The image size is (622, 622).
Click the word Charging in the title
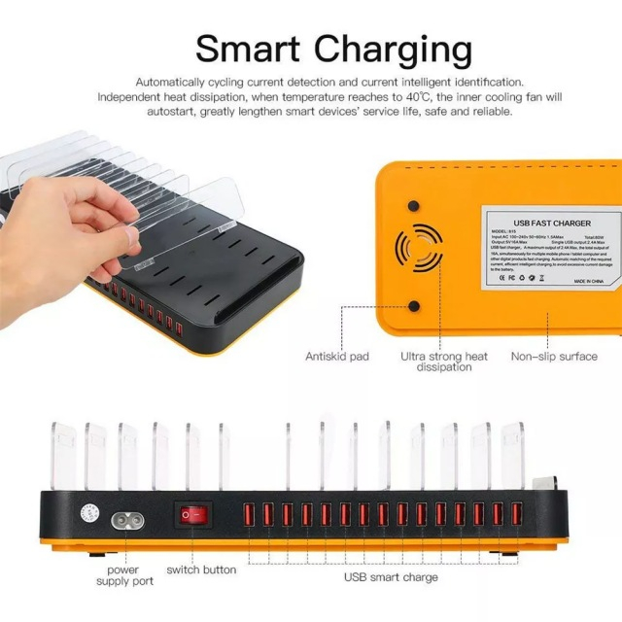coord(388,49)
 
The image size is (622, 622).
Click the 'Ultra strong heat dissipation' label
coord(444,362)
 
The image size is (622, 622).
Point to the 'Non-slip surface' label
coord(554,357)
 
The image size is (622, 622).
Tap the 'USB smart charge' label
coord(391,577)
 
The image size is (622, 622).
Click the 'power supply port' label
coord(124,574)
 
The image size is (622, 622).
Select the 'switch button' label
coord(201,570)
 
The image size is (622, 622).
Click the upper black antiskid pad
coord(413,207)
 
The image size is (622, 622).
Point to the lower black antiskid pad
coord(413,305)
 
